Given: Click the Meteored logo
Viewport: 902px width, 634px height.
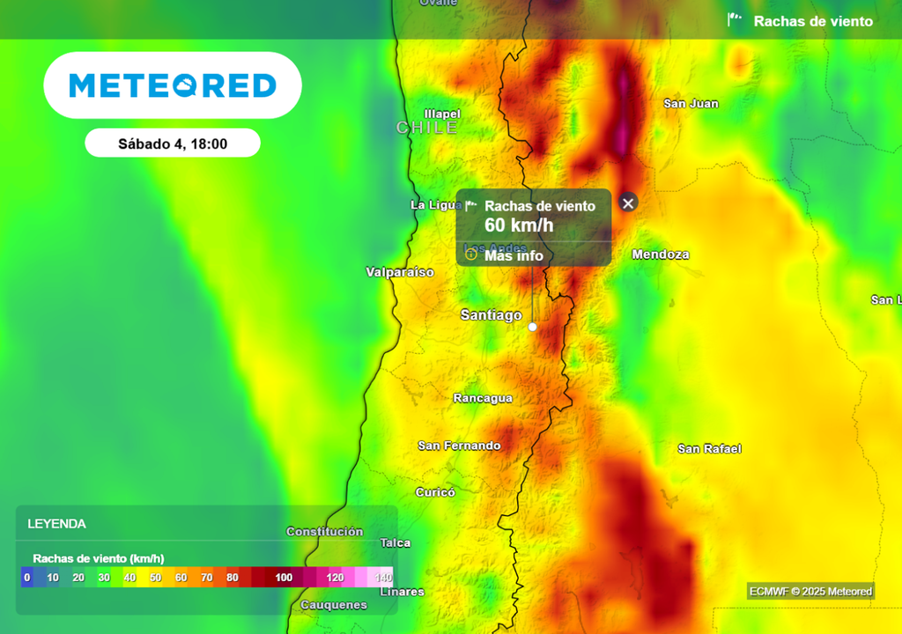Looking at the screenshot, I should coord(173,85).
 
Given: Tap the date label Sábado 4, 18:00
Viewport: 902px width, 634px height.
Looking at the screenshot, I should coord(173,144).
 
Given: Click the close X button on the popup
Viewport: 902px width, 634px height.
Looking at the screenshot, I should coord(627,203).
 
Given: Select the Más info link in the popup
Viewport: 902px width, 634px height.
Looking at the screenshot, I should coord(514,256).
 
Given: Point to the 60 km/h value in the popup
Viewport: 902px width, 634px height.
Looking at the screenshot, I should coord(519,225).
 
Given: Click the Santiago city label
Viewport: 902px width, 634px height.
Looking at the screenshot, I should coord(491,314).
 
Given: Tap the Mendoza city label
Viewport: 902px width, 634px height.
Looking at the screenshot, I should coord(660,254).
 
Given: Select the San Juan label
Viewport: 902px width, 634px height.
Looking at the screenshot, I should coord(691,104).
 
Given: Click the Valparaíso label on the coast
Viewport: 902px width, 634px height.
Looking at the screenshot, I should coord(400,272).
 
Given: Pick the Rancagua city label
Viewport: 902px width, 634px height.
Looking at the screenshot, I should coord(483,398).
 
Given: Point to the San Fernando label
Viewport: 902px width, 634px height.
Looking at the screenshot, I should coord(459,446).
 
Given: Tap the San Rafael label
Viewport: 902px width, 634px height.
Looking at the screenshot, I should coord(709,449).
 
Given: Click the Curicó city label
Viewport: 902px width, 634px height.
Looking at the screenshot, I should coord(435,492).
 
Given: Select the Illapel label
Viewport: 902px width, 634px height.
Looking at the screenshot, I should coord(442,114).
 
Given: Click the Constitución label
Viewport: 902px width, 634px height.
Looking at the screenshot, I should coord(324,532).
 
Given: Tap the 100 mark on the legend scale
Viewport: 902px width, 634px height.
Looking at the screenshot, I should coord(284,578).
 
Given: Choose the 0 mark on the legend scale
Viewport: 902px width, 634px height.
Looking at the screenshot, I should coord(27,578).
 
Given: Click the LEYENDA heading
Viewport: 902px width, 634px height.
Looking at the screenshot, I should coord(57,524).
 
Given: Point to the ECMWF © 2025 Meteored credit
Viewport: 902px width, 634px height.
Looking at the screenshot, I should coord(810,592).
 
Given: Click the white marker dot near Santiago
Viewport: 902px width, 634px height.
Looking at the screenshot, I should coord(532,327).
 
